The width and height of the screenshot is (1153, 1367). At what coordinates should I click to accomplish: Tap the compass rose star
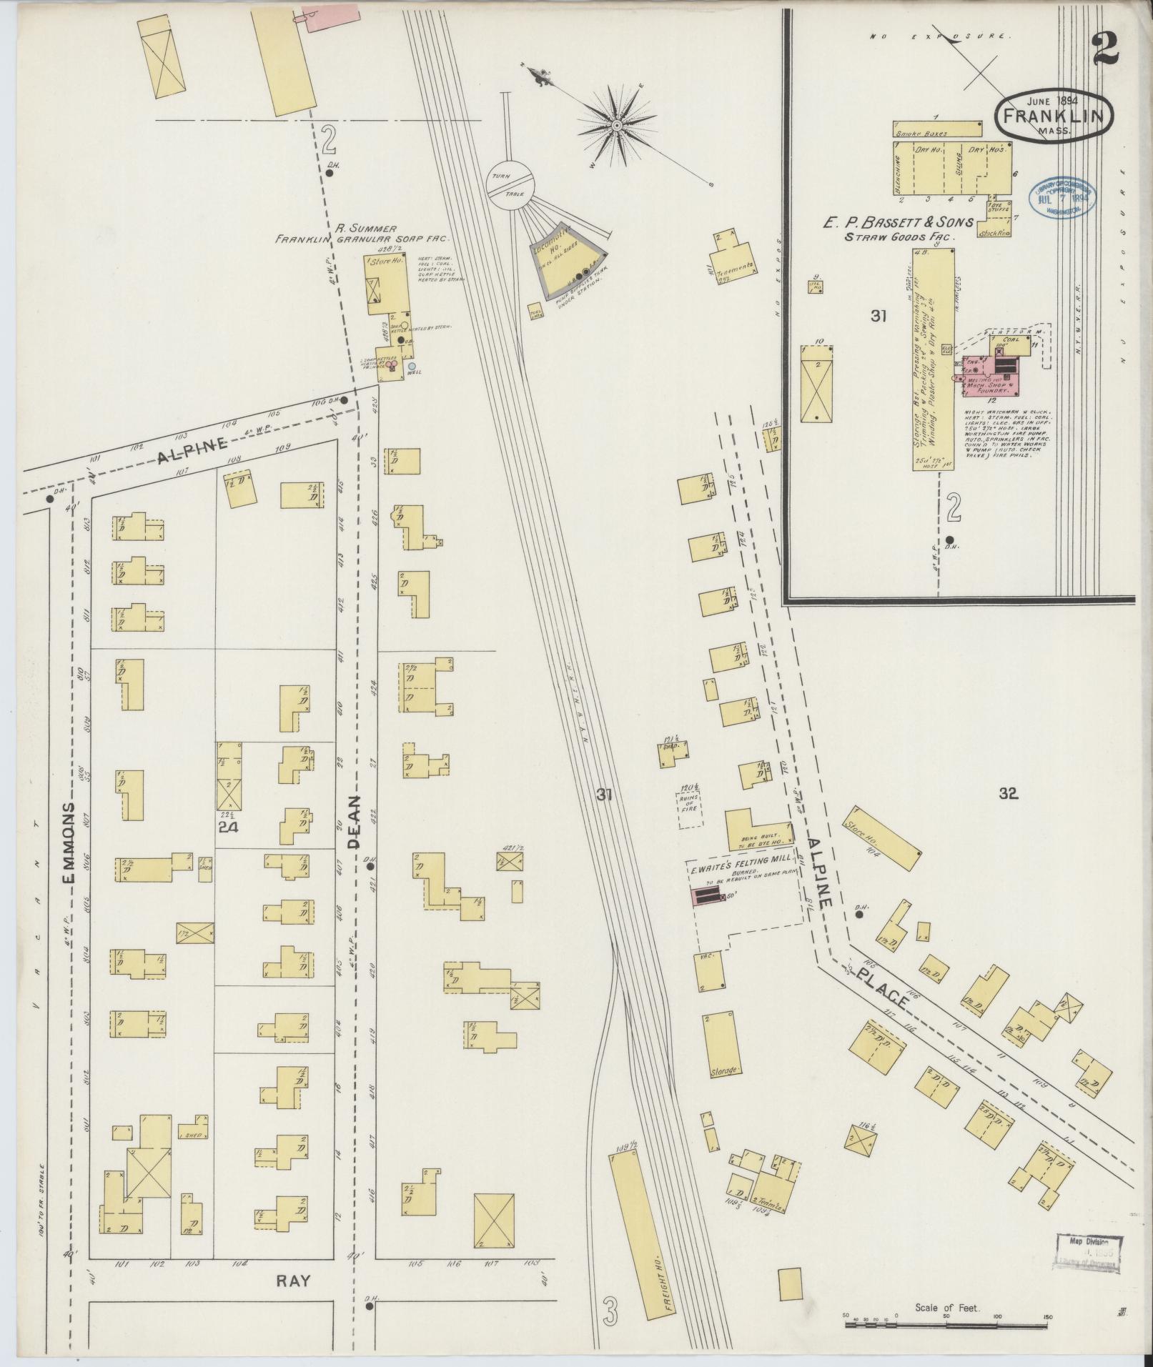615,125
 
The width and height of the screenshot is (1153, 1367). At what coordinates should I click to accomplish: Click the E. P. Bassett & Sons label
896,222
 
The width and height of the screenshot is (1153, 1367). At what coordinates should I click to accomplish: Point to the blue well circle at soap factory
411,366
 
